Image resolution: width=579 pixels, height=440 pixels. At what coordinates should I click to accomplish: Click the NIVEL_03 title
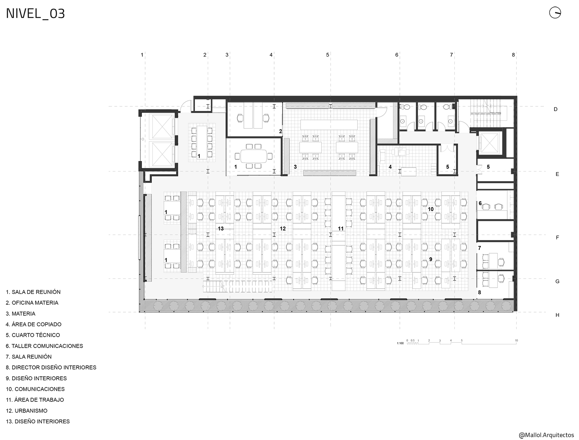click(35, 14)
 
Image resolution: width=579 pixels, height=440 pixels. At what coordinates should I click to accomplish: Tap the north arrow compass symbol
click(555, 13)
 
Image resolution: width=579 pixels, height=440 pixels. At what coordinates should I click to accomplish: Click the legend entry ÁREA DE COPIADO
click(33, 324)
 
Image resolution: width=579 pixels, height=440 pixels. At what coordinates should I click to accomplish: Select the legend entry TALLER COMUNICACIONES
click(44, 346)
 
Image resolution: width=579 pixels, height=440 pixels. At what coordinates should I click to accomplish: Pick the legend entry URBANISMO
click(27, 411)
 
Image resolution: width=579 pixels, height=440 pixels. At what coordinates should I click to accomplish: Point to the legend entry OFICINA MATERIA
click(32, 303)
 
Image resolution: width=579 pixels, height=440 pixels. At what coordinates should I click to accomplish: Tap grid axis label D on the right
click(555, 109)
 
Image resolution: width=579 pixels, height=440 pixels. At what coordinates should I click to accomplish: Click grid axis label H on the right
click(557, 315)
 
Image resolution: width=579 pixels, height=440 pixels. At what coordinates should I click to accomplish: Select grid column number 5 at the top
click(328, 55)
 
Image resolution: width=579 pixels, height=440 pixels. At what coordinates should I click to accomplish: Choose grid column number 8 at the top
click(513, 55)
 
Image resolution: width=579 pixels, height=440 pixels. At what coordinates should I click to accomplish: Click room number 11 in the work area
click(341, 229)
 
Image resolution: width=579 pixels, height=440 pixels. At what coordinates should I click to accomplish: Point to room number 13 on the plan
click(221, 229)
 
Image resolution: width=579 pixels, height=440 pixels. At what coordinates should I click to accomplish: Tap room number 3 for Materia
click(295, 167)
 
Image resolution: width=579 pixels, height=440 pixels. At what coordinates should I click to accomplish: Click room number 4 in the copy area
click(390, 167)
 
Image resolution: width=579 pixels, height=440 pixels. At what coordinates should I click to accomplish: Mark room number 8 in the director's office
click(480, 292)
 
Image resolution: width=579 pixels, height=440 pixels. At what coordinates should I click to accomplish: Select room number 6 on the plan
click(480, 203)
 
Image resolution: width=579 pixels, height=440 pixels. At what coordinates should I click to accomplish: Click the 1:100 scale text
click(400, 343)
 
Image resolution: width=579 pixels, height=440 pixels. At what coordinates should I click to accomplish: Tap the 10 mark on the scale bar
click(516, 340)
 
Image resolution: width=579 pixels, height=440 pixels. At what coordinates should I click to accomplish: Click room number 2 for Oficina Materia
click(281, 131)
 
